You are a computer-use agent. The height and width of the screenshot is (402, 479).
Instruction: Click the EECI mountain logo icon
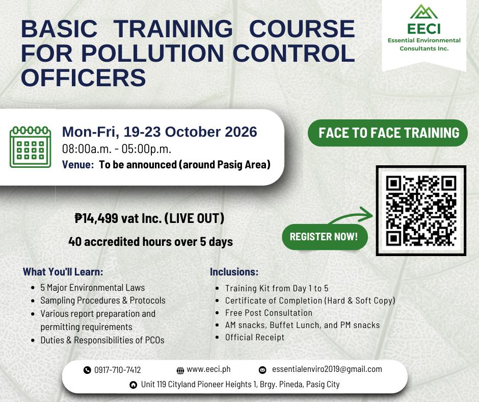(x=423, y=12)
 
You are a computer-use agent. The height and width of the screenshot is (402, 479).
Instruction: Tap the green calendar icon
(x=30, y=147)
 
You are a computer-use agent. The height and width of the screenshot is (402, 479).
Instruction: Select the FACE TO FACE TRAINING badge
(x=388, y=133)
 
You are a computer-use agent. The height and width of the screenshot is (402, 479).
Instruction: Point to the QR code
(x=421, y=211)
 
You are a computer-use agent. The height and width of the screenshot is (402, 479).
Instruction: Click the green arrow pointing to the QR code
(x=351, y=216)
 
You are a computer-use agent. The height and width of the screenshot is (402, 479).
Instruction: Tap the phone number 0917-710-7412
(x=118, y=370)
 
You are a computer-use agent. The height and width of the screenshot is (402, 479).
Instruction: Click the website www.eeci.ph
(x=208, y=369)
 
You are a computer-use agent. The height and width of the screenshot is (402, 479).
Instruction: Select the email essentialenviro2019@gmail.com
(x=327, y=369)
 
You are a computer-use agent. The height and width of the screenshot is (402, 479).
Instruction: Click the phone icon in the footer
(x=87, y=370)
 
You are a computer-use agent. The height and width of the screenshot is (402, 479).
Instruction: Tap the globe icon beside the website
(x=180, y=370)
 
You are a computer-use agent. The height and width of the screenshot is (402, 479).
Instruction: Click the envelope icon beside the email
(x=262, y=370)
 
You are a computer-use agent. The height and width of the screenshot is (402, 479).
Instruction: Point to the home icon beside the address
(x=134, y=385)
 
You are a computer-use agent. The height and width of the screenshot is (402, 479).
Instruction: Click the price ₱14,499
(x=96, y=218)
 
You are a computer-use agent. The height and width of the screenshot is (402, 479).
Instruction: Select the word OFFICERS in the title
(x=84, y=78)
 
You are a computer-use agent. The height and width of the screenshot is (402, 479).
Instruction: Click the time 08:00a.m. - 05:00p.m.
(x=117, y=149)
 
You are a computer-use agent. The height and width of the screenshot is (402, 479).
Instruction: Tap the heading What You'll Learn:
(x=63, y=272)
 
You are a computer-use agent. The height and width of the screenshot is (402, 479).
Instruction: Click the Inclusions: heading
(x=234, y=272)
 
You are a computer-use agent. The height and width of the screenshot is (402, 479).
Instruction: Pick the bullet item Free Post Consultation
(x=269, y=313)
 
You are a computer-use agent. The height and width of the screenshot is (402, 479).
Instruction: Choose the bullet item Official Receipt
(x=255, y=337)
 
